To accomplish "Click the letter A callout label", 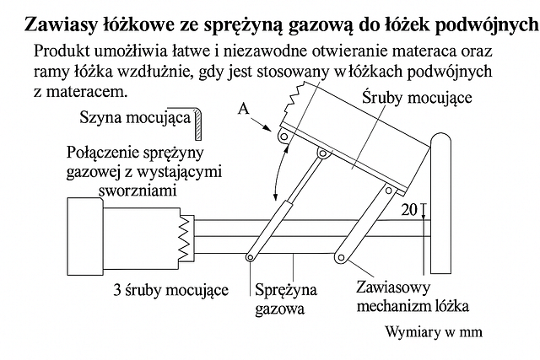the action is point(244,109).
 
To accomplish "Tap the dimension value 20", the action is point(408,209).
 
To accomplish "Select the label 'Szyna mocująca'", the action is point(135,118).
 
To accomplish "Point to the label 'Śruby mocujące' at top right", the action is point(417,98).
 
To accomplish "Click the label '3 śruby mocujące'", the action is point(171,290).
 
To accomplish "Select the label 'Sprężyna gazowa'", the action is point(285,298).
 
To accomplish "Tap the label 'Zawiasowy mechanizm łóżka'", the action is point(413,297).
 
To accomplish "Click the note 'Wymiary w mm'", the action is point(434,332).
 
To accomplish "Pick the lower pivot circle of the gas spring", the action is point(250,257).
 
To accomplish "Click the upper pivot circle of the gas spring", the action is point(322,153).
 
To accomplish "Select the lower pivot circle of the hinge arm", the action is point(341,257).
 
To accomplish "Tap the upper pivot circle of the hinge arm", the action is point(389,190).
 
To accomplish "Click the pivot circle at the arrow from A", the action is point(283,137).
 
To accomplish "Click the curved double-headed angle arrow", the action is point(278,172).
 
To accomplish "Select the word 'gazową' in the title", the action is point(320,25).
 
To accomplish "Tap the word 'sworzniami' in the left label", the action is point(138,191).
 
